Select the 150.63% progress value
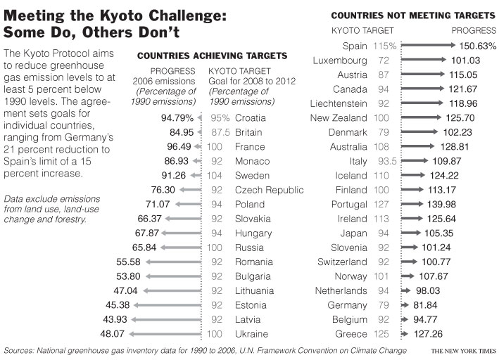click(x=476, y=46)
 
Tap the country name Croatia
click(x=250, y=117)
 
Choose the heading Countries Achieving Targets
click(x=212, y=56)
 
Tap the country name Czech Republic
click(x=269, y=190)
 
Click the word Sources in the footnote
click(x=21, y=350)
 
